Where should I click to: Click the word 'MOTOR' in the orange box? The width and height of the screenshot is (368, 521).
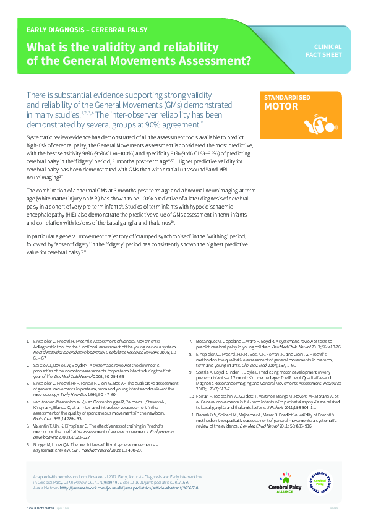277,106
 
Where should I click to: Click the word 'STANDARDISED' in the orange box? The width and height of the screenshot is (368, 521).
285,98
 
